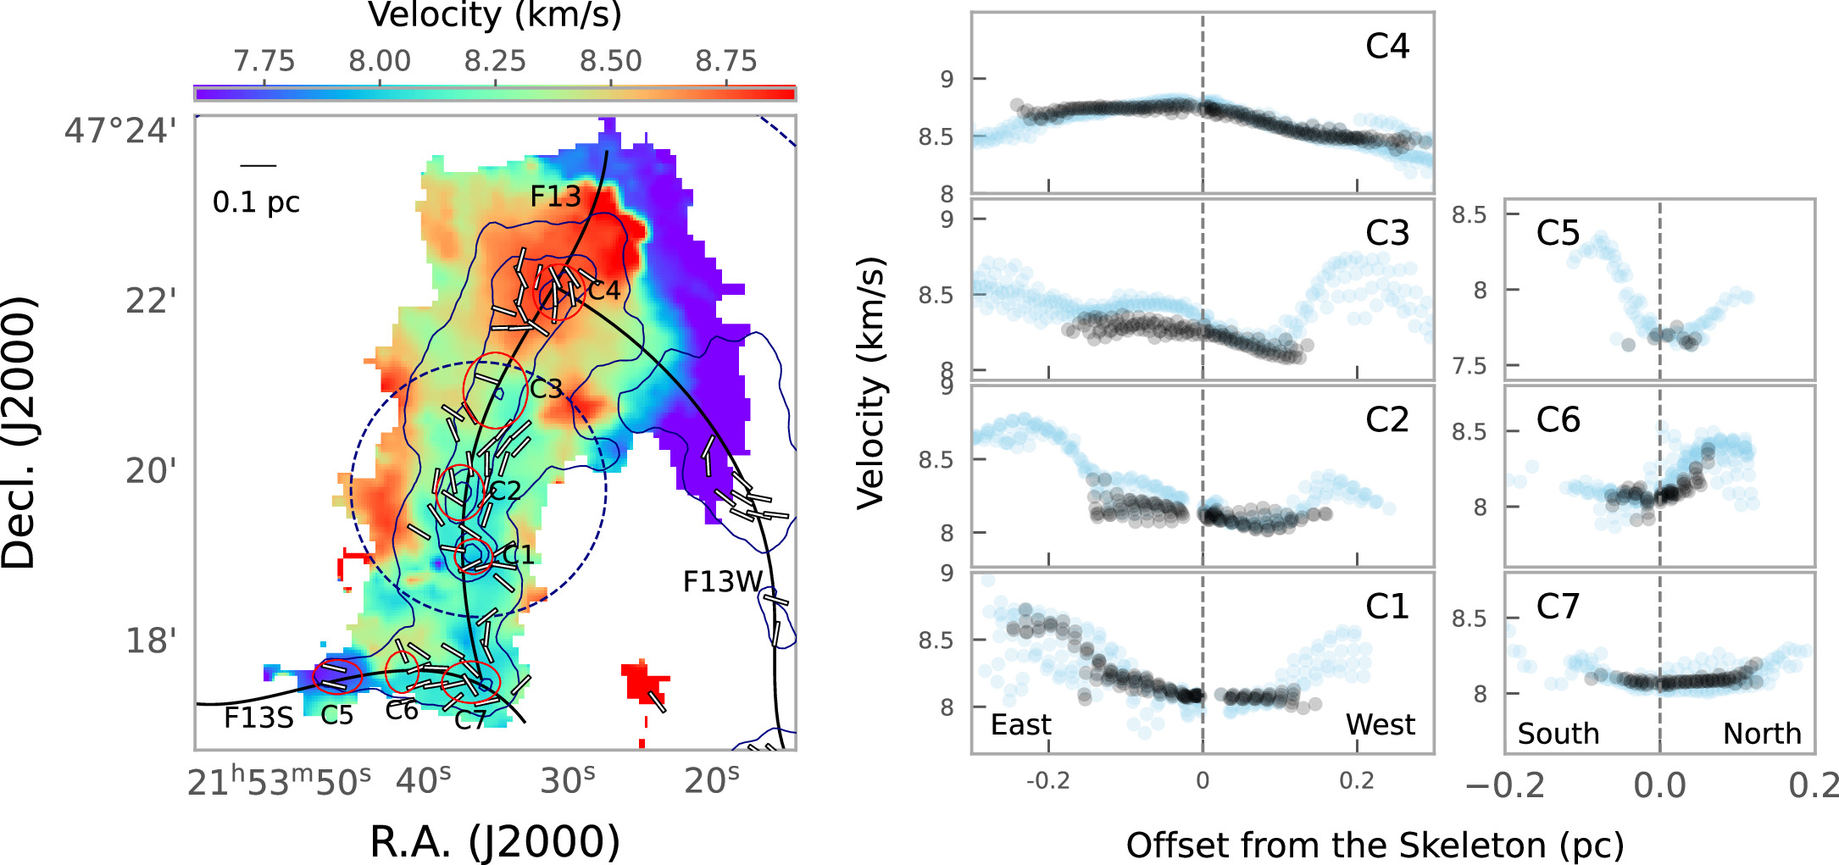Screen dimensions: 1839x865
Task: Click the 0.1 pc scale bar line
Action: point(258,166)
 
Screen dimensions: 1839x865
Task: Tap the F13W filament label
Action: point(723,582)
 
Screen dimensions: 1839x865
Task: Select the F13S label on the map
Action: point(258,718)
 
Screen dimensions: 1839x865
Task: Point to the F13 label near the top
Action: point(556,197)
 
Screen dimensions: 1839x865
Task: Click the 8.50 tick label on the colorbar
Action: point(611,61)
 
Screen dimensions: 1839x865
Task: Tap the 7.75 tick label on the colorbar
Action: point(264,61)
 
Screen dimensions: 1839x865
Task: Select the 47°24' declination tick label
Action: point(121,131)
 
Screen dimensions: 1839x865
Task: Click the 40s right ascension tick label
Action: point(424,780)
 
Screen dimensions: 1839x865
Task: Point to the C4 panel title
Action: point(1387,46)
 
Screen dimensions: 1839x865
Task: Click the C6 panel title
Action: point(1558,419)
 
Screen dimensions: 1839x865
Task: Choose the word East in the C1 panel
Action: point(1021,725)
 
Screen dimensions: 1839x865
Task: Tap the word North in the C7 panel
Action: point(1762,734)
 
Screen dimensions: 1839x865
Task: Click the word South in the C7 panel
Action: point(1558,734)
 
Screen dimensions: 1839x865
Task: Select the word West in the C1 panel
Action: point(1381,725)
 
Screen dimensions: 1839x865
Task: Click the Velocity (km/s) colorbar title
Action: point(495,15)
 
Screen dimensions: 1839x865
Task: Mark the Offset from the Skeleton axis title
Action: point(1375,846)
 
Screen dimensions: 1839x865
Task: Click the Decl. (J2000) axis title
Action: point(19,433)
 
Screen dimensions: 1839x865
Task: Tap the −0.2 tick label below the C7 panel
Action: point(1506,785)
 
